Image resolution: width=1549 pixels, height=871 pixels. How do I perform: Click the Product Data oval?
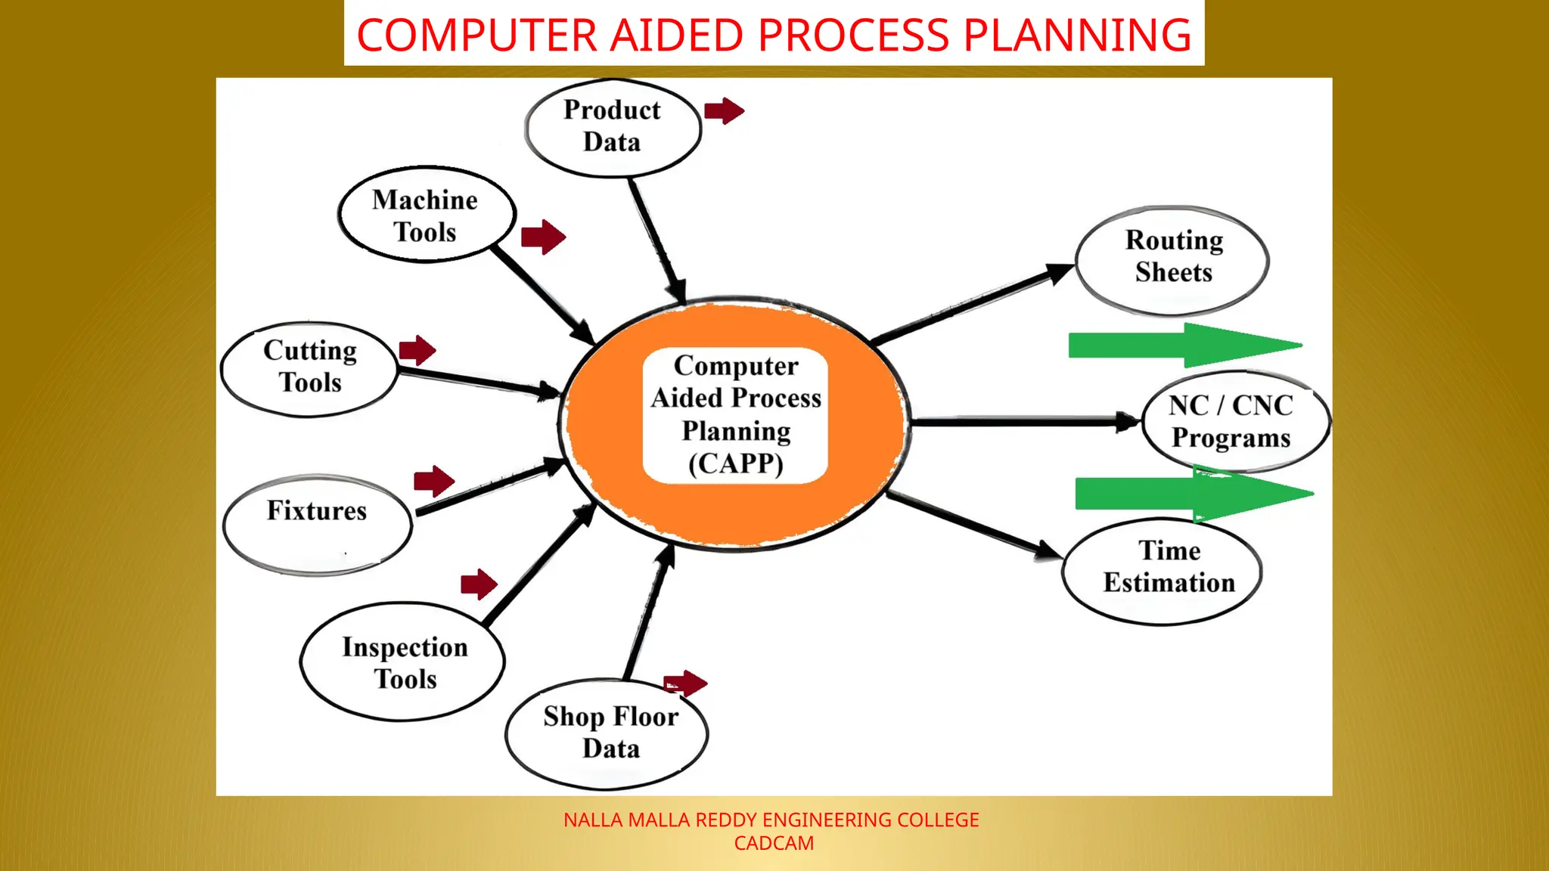613,127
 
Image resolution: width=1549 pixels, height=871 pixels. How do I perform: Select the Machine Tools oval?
426,215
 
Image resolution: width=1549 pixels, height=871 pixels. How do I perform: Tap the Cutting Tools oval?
309,368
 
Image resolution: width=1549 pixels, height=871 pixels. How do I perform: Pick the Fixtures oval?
317,523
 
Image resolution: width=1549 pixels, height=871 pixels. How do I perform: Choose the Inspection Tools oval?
404,662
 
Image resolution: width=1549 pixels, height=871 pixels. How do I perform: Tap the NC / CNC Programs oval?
1234,422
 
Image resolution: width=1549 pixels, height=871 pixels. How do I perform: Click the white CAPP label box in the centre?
735,415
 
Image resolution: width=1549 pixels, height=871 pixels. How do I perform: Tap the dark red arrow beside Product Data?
724,111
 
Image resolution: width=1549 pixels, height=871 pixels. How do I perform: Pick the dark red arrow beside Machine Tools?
543,237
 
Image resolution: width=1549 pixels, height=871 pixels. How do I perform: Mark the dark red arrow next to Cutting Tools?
417,350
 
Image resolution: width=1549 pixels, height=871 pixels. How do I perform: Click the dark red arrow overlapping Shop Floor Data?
685,683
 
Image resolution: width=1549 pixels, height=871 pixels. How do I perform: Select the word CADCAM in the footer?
774,844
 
